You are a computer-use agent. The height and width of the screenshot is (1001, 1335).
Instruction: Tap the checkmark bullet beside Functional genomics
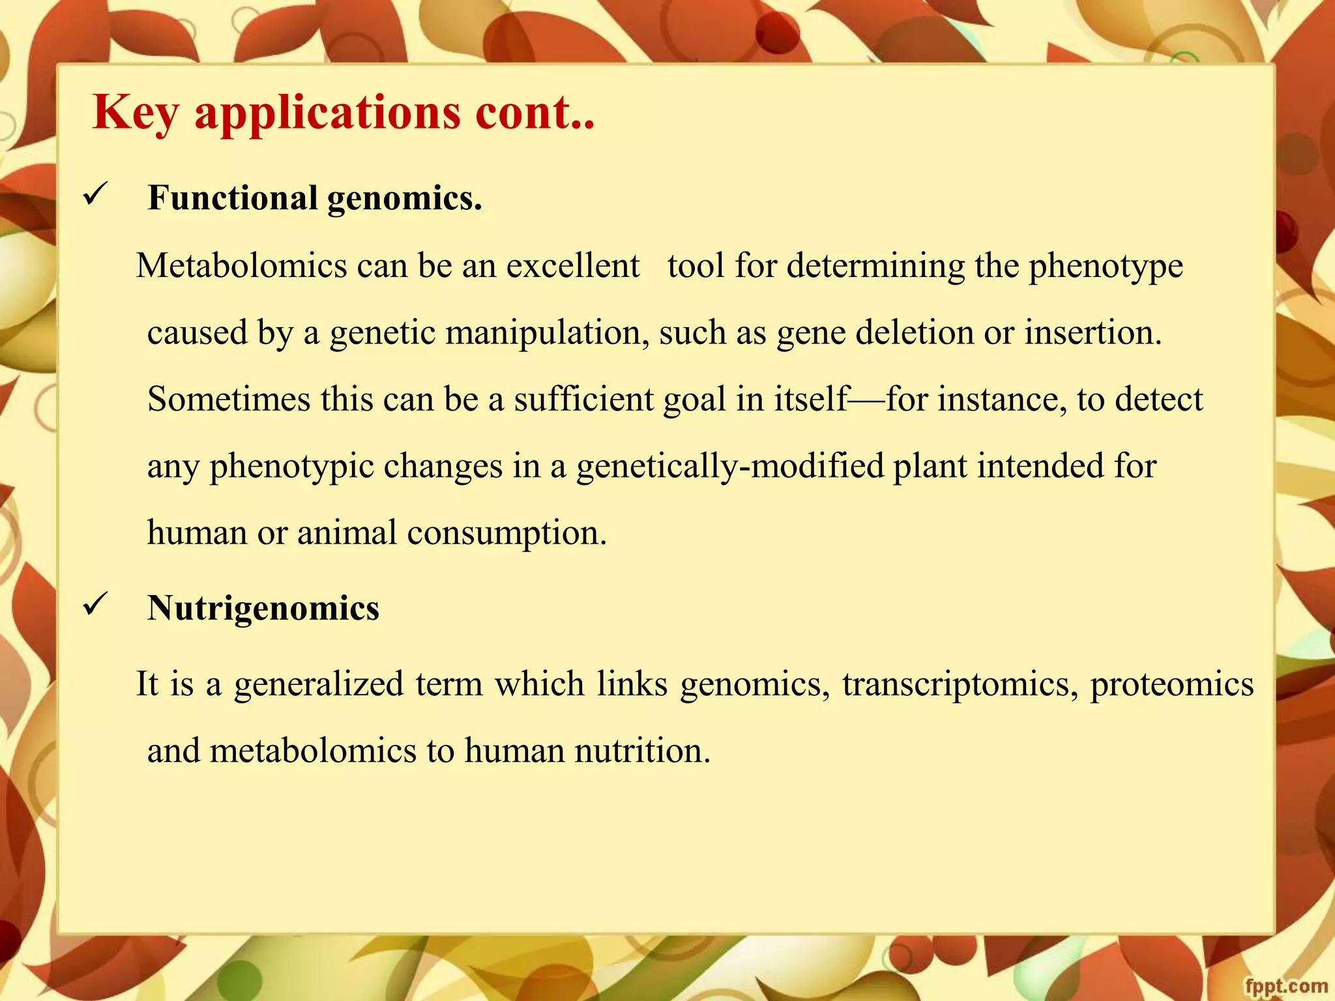pyautogui.click(x=95, y=195)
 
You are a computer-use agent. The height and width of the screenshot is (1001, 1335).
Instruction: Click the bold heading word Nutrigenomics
pyautogui.click(x=263, y=609)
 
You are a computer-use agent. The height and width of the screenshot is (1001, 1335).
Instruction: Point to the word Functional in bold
pyautogui.click(x=233, y=197)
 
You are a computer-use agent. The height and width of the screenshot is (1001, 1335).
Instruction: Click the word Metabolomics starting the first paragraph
pyautogui.click(x=241, y=266)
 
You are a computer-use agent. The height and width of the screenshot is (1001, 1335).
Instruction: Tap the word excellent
pyautogui.click(x=573, y=266)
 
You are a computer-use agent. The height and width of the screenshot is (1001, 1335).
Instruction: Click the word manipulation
pyautogui.click(x=548, y=333)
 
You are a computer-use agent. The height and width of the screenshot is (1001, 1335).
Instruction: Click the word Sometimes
pyautogui.click(x=229, y=399)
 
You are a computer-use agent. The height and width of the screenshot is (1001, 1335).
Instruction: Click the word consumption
pyautogui.click(x=507, y=533)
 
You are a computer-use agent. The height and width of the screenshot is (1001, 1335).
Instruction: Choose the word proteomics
pyautogui.click(x=1171, y=685)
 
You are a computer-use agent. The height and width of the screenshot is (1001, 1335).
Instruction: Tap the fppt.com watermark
pyautogui.click(x=1285, y=986)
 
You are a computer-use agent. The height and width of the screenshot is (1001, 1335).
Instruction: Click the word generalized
pyautogui.click(x=319, y=685)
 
